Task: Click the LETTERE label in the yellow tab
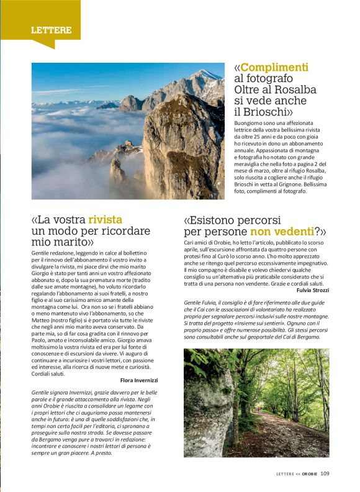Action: [52, 30]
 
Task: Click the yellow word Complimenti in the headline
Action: [274, 67]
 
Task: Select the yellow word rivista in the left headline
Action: [106, 219]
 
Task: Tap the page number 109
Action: [325, 473]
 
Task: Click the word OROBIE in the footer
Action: [310, 473]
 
